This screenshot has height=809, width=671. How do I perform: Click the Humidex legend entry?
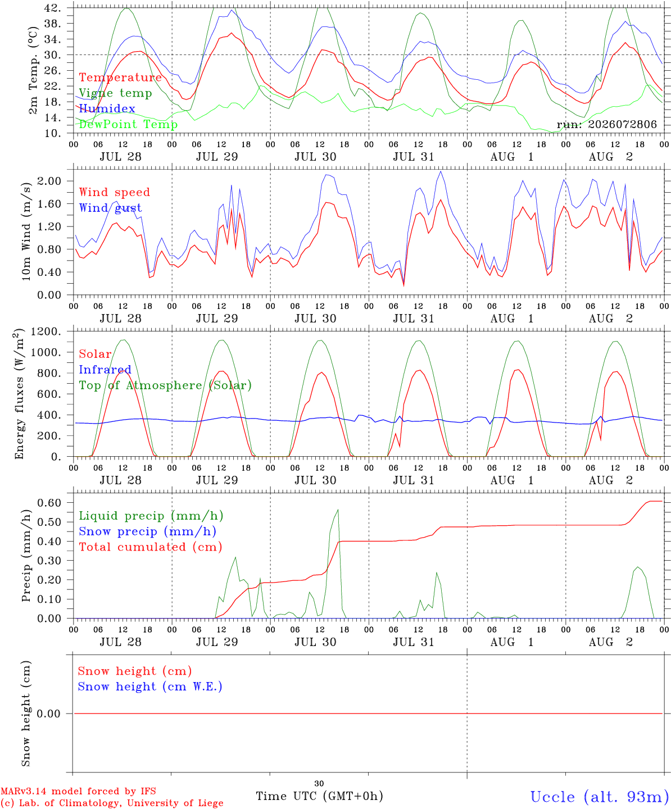pos(107,108)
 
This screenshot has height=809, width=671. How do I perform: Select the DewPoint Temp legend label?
pos(128,124)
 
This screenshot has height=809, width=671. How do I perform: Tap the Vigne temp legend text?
pos(116,93)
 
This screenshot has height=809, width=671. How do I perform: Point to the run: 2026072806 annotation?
pos(606,124)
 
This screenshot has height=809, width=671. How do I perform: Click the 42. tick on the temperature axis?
pos(52,8)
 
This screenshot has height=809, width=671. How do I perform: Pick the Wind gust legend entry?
pos(111,208)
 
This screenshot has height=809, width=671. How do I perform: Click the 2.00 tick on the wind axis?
pos(49,181)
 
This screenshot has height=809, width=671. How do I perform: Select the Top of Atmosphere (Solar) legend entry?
pos(166,385)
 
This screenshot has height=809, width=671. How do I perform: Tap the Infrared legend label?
pos(105,370)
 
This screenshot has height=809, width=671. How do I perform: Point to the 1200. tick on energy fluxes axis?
pos(46,331)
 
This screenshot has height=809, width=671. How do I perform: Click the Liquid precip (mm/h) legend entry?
pos(151,516)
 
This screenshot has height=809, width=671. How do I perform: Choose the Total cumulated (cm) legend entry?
pos(151,547)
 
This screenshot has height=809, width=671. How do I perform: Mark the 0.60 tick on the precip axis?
pos(49,502)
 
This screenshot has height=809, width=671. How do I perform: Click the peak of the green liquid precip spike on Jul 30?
pos(338,510)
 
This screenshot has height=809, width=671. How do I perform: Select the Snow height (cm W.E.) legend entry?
pos(150,687)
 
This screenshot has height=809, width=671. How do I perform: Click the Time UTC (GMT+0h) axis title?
pos(319,796)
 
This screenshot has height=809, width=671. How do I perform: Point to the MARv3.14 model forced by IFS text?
pos(78,791)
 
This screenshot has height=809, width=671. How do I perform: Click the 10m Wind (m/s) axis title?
pos(26,231)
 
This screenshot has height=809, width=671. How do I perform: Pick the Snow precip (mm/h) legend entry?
pos(147,531)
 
